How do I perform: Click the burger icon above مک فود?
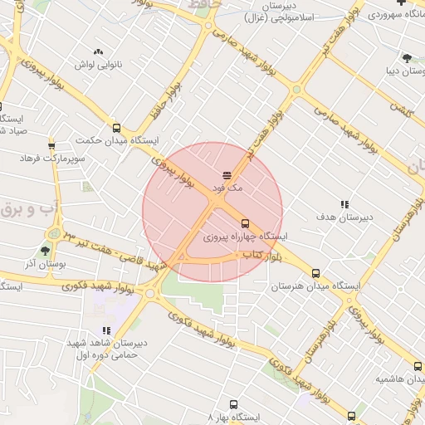[226, 174]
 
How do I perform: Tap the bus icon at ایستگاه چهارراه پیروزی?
[244, 222]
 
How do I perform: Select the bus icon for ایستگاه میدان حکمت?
[116, 128]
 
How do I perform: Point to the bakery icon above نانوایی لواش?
[99, 51]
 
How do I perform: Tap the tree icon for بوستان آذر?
[45, 249]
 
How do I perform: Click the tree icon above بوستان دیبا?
[406, 57]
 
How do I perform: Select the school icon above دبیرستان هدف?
[344, 203]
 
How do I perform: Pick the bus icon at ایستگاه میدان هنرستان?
[315, 273]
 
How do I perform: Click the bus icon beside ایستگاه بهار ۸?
[351, 416]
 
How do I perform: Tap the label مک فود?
[227, 188]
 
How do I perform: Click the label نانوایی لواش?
[98, 64]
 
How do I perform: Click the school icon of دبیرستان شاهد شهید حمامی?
[106, 330]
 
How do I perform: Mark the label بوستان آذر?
[40, 262]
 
